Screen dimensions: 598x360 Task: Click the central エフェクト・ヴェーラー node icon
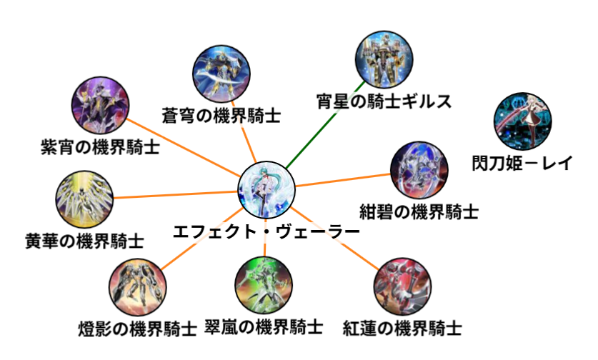(x=266, y=189)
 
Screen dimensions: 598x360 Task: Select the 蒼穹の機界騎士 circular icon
(x=221, y=72)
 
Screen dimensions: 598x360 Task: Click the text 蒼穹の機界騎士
(x=221, y=116)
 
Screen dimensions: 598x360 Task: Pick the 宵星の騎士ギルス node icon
(x=383, y=58)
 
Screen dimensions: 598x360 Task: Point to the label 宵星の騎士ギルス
(x=384, y=101)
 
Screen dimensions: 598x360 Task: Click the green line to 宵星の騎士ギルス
(x=321, y=129)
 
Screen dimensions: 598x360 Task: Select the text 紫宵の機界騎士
(x=99, y=149)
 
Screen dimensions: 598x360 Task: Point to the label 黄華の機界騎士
(x=84, y=239)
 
